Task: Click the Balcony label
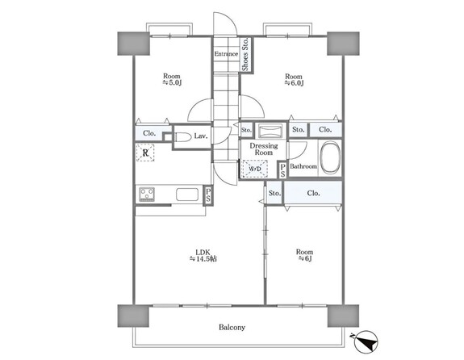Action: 232,328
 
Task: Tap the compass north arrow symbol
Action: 366,342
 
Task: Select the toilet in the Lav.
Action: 183,136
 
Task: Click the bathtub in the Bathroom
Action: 330,158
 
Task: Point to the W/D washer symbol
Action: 255,169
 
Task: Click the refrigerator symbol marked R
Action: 145,153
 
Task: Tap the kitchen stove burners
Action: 147,195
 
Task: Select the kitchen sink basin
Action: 187,195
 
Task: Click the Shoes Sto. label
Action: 245,54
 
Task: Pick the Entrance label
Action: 226,54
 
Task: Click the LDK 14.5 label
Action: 203,256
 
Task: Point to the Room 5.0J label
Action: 172,79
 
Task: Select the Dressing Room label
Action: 264,149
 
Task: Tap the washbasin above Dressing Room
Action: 270,131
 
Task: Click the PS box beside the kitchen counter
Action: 208,195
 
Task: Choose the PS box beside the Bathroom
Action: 282,170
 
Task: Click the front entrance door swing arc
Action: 230,21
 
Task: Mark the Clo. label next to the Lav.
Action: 149,133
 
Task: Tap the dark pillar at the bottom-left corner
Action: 133,316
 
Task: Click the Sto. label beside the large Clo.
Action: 274,194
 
